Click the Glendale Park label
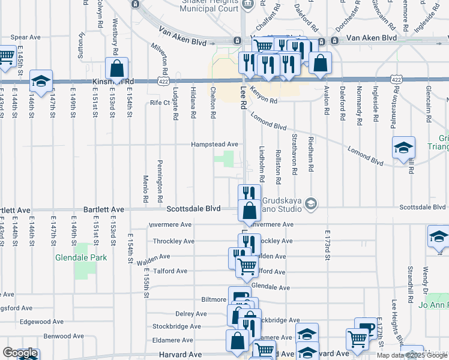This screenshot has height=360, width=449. click(80, 257)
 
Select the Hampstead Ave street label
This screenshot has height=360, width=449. click(214, 145)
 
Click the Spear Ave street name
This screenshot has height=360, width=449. click(25, 37)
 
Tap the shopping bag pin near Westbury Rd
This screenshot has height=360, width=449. click(117, 68)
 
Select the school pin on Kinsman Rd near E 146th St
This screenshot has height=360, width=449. click(40, 82)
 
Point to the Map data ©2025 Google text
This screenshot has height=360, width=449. click(412, 355)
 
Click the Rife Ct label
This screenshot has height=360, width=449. click(160, 103)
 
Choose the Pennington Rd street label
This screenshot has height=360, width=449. click(160, 181)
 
